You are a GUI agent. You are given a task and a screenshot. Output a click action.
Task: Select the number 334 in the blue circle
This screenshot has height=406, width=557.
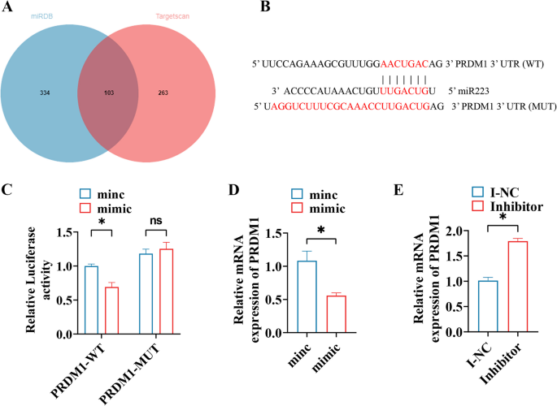(44, 94)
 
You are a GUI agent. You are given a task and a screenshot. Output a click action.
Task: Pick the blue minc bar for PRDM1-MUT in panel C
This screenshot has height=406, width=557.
(146, 293)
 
